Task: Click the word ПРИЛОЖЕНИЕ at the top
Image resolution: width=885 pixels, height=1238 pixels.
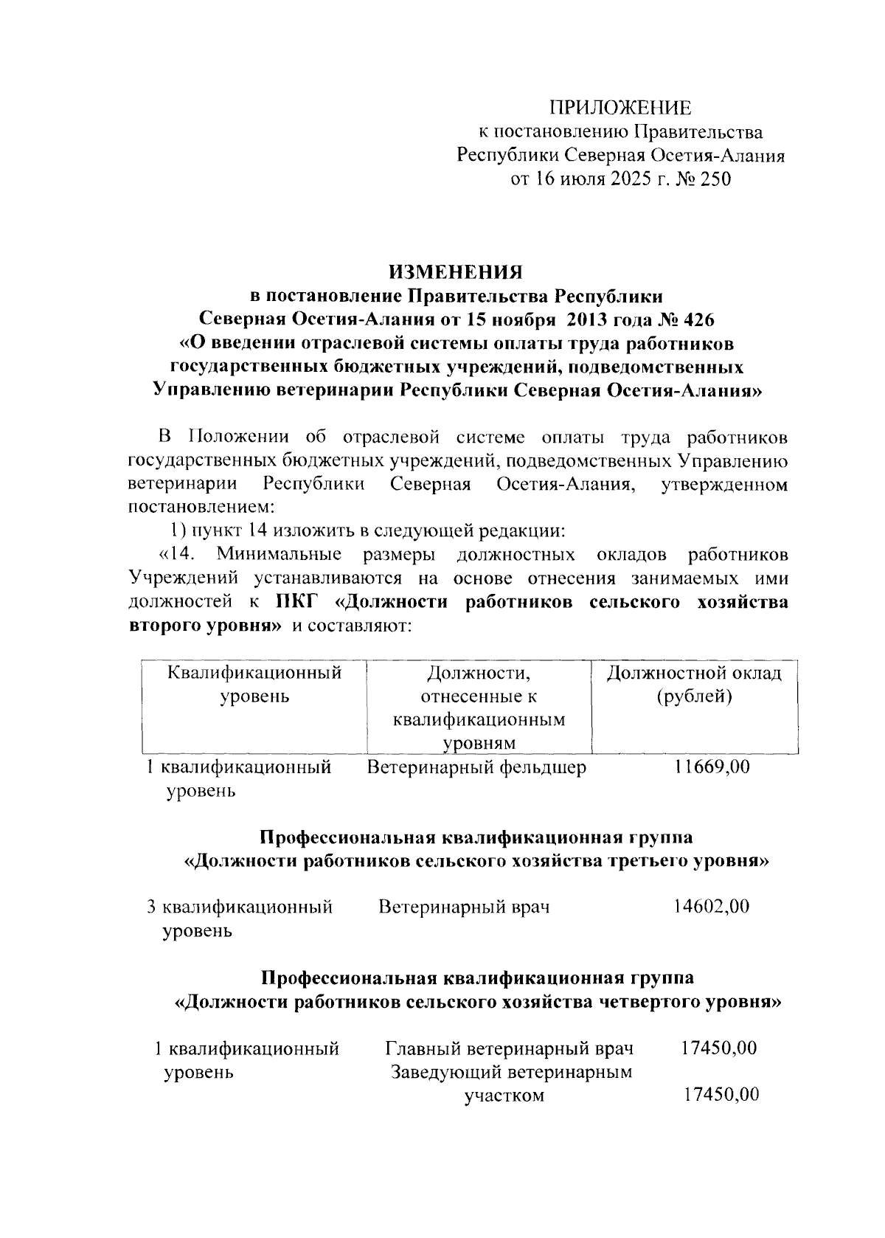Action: click(623, 108)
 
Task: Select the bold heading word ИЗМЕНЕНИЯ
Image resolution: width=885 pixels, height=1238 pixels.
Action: click(456, 272)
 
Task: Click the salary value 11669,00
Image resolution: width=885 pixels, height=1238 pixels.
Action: click(712, 767)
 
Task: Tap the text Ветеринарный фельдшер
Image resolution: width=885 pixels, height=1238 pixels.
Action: click(476, 768)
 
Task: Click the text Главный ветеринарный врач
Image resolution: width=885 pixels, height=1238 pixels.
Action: click(510, 1048)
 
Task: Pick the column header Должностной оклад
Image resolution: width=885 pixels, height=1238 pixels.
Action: click(694, 673)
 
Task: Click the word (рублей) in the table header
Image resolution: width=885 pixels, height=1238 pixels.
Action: click(694, 696)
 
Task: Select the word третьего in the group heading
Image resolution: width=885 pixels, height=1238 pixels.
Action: click(647, 861)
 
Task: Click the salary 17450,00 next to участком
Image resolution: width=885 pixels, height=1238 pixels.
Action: click(721, 1095)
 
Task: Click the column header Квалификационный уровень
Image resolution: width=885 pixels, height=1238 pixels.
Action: click(254, 684)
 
